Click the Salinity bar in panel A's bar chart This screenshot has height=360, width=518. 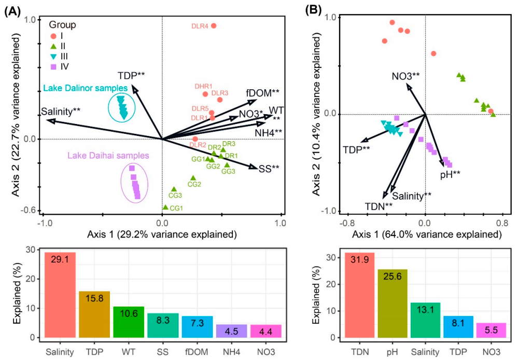coord(60,295)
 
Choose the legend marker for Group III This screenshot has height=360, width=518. coord(53,54)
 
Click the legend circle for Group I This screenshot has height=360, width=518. coord(53,36)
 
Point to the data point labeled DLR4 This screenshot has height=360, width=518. coord(213,25)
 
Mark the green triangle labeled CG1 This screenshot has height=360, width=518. coord(165,207)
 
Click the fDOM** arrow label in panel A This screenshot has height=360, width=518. coord(263,93)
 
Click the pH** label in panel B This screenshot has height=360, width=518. coord(451,174)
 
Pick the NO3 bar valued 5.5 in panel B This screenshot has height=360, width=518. coord(490,330)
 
